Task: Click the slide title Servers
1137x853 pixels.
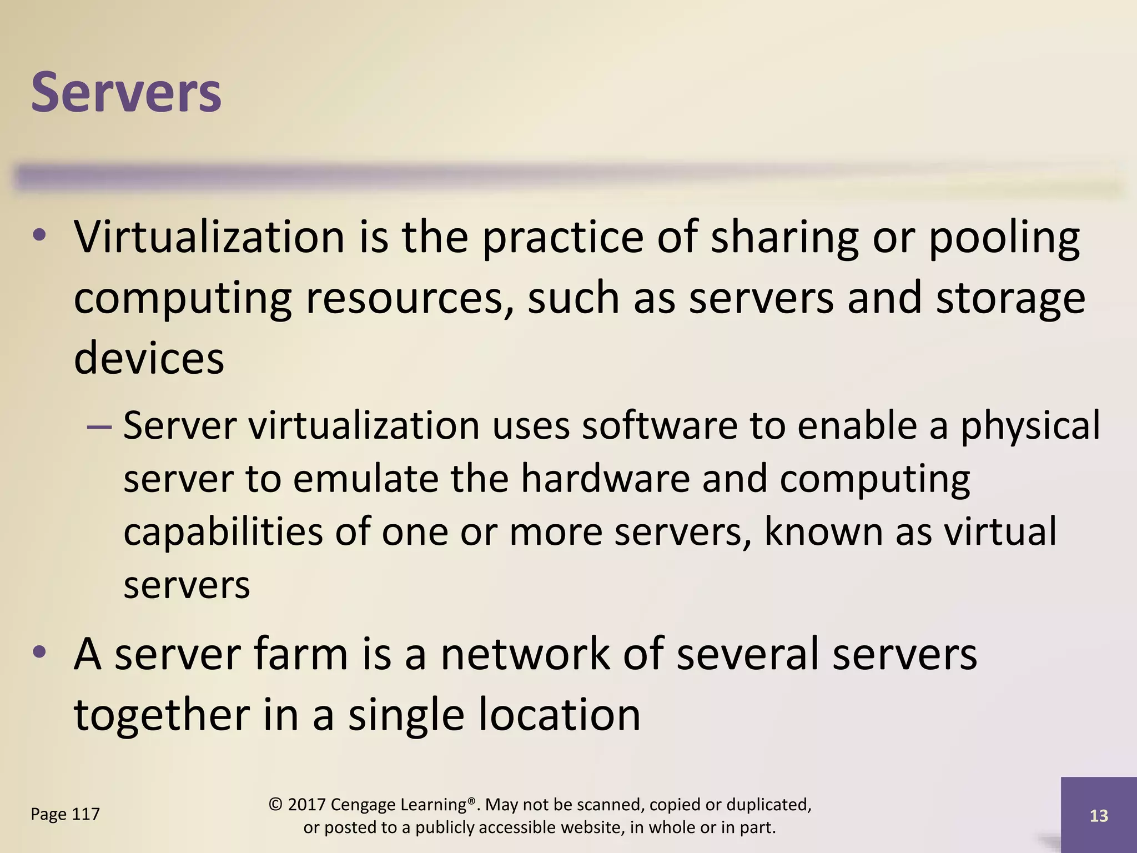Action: [126, 92]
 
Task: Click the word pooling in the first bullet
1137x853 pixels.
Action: [1004, 238]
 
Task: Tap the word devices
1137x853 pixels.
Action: [149, 358]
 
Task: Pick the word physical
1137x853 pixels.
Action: [1030, 426]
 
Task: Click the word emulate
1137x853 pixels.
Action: [365, 479]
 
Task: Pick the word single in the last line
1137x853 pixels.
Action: [406, 715]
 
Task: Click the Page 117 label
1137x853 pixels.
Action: [65, 814]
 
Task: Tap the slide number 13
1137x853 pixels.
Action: [1099, 816]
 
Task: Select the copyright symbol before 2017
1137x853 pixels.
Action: [276, 805]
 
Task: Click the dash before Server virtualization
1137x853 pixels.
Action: [99, 427]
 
